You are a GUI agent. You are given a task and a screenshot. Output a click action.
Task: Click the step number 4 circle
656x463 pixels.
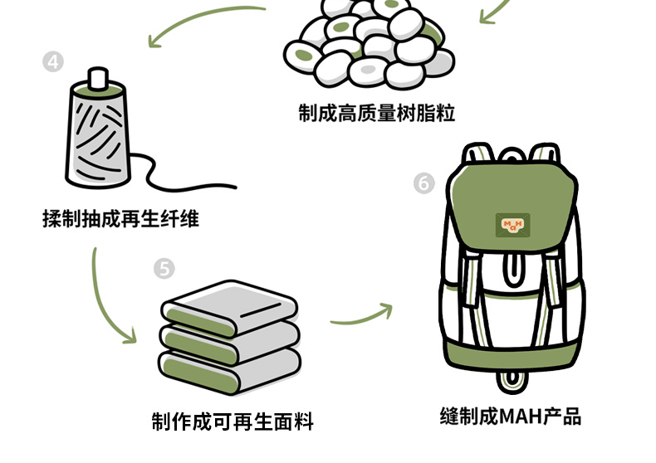(x=53, y=62)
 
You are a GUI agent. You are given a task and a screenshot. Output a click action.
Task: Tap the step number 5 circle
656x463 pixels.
(x=164, y=268)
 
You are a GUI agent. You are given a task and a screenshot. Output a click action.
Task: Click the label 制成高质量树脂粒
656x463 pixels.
(x=377, y=112)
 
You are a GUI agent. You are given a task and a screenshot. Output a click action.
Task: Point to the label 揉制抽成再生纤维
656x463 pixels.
(x=120, y=219)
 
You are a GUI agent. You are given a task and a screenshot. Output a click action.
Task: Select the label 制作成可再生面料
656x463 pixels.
(x=233, y=422)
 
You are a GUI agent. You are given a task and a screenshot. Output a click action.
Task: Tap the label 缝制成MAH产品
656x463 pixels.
(x=510, y=416)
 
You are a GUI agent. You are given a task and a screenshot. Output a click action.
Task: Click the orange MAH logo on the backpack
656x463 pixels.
(x=512, y=223)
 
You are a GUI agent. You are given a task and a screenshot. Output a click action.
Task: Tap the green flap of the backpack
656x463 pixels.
(x=511, y=207)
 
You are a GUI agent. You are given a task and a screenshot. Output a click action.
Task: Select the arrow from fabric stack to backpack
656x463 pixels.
(x=361, y=314)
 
